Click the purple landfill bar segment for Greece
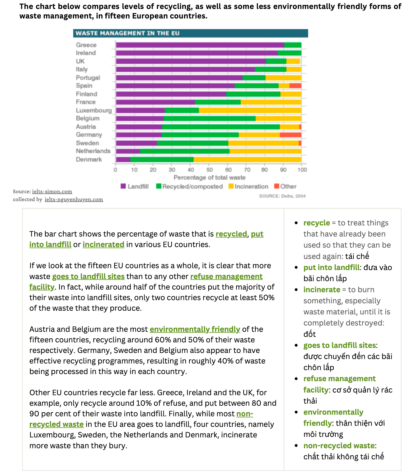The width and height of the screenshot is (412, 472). (x=200, y=45)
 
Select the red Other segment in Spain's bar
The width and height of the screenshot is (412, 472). (x=295, y=86)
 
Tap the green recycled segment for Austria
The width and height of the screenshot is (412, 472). (x=221, y=127)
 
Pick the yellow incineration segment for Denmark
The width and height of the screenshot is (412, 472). (x=247, y=160)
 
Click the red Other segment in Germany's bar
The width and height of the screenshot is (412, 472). (x=290, y=135)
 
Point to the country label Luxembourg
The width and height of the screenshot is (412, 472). (x=94, y=110)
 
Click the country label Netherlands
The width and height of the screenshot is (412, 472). (x=93, y=151)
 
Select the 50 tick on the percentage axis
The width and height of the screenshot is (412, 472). (x=209, y=170)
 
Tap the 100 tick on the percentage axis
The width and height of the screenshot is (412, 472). (x=302, y=170)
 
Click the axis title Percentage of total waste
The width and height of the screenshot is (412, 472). (x=209, y=177)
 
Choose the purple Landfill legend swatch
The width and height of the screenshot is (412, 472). (x=123, y=186)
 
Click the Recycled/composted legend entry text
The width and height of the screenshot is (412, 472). (x=193, y=187)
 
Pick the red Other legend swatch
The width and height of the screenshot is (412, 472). (x=277, y=186)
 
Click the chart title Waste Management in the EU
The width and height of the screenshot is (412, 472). (x=127, y=33)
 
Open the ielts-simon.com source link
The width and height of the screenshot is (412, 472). (x=52, y=191)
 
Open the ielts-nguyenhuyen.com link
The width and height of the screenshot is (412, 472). (x=74, y=199)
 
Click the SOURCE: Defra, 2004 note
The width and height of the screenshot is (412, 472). (x=282, y=196)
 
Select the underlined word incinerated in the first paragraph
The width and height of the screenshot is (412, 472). (x=103, y=244)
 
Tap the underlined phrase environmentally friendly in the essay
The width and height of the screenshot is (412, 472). (x=195, y=329)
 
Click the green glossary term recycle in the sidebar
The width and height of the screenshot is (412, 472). (x=316, y=223)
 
